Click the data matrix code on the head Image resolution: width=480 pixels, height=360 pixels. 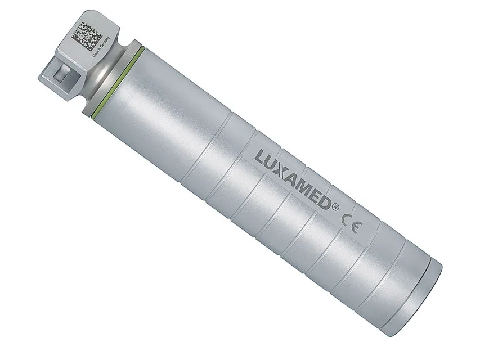coord(87,33)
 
